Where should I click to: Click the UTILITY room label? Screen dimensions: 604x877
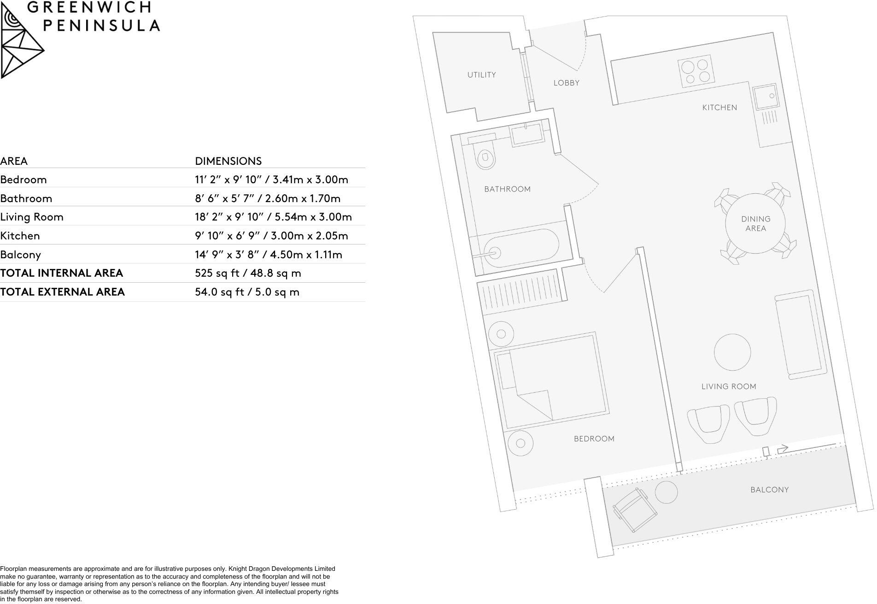click(481, 75)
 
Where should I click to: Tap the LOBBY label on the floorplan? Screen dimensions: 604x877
click(566, 83)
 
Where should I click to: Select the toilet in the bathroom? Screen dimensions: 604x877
click(485, 159)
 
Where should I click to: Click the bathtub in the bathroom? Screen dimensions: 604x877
click(517, 248)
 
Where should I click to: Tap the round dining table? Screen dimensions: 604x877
click(755, 224)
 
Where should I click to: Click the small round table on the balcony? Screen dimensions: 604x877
click(666, 492)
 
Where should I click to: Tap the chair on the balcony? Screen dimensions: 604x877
click(634, 510)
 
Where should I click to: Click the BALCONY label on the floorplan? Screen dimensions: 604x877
click(769, 490)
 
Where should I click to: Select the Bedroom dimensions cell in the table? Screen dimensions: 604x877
click(271, 180)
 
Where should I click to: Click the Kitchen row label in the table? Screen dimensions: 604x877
click(20, 236)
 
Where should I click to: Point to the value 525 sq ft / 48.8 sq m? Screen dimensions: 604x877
click(248, 273)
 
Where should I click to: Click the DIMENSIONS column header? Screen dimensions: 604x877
click(228, 161)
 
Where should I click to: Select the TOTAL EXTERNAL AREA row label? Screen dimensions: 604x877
click(63, 292)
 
